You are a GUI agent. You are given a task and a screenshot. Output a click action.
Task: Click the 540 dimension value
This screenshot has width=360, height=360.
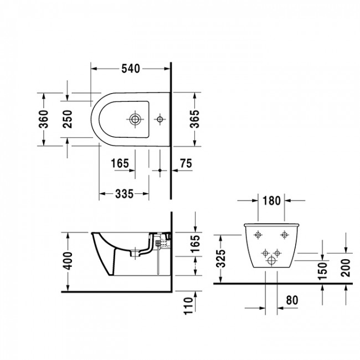(x=130, y=69)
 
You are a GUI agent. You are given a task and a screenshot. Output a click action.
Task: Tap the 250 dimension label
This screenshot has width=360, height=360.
(x=69, y=119)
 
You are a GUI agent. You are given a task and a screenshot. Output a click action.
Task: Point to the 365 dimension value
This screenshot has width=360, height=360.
(x=194, y=119)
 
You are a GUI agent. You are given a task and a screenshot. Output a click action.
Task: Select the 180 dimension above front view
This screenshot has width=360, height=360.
(x=272, y=200)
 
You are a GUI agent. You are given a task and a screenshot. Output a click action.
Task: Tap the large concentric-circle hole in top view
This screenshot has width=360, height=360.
(x=134, y=119)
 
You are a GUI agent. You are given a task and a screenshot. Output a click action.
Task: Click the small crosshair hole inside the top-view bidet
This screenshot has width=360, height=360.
(x=160, y=119)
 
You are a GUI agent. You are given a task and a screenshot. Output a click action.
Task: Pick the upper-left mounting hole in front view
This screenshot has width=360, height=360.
(x=259, y=234)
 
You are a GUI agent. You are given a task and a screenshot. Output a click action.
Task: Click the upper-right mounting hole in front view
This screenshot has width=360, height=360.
(x=285, y=234)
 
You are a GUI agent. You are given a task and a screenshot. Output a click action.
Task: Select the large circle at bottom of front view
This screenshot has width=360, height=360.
(x=272, y=260)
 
